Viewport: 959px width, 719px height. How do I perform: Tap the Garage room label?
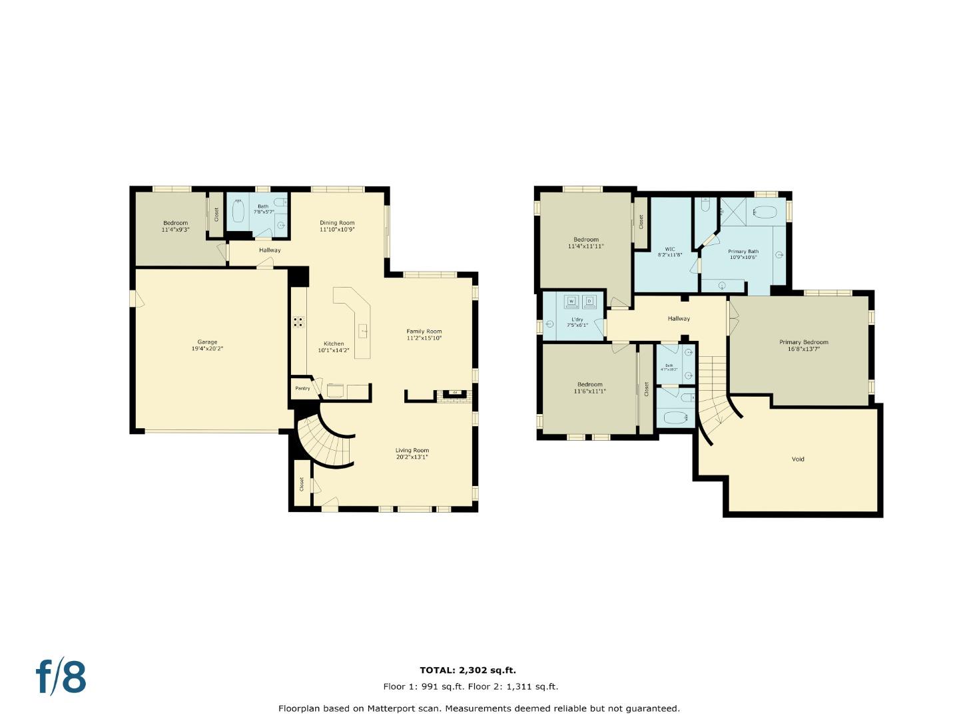coord(207,342)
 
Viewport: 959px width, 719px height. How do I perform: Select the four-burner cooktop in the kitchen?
coord(299,322)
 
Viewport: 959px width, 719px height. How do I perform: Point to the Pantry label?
coord(302,388)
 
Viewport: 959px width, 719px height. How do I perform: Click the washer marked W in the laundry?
coord(571,302)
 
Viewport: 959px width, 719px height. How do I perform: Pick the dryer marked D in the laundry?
coord(589,302)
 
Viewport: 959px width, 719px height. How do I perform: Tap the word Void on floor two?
coord(798,459)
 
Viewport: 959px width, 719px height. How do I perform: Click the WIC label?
coord(669,249)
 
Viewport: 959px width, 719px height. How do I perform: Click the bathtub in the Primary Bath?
coord(765,212)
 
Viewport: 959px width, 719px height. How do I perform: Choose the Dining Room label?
coord(337,223)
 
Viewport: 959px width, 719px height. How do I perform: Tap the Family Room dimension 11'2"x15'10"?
coord(424,338)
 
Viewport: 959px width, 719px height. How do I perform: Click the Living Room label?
coord(412,450)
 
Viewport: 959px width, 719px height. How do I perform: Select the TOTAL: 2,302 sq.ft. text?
coord(468,670)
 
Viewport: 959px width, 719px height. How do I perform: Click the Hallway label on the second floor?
coord(679,319)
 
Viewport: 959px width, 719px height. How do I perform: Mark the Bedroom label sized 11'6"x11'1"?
coord(590,384)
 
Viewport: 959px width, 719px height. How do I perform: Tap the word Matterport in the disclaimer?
coord(392,708)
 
